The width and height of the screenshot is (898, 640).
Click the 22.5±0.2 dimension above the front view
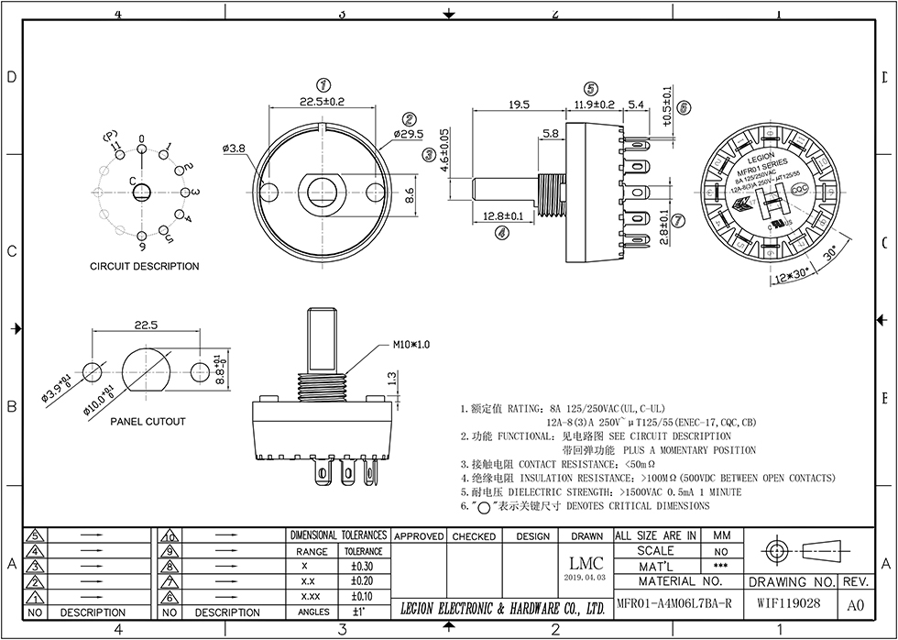(x=323, y=102)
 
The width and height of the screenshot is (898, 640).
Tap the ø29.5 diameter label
(x=409, y=134)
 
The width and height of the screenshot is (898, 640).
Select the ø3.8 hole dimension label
(x=234, y=148)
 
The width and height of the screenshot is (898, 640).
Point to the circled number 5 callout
(x=592, y=88)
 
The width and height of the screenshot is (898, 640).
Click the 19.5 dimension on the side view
(x=519, y=105)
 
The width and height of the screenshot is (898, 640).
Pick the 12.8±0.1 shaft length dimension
(x=502, y=216)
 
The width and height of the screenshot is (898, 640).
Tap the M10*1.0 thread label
(x=411, y=344)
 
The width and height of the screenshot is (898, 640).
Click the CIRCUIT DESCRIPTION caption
(x=144, y=267)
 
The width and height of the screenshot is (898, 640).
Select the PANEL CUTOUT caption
(x=148, y=422)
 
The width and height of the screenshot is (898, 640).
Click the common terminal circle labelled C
(x=142, y=193)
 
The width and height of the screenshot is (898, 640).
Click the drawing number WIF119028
(x=789, y=605)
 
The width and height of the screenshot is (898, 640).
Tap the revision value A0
(x=855, y=605)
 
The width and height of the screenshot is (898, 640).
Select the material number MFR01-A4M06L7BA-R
(x=673, y=605)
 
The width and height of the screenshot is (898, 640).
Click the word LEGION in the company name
(x=427, y=609)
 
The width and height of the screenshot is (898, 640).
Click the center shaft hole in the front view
(x=323, y=191)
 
